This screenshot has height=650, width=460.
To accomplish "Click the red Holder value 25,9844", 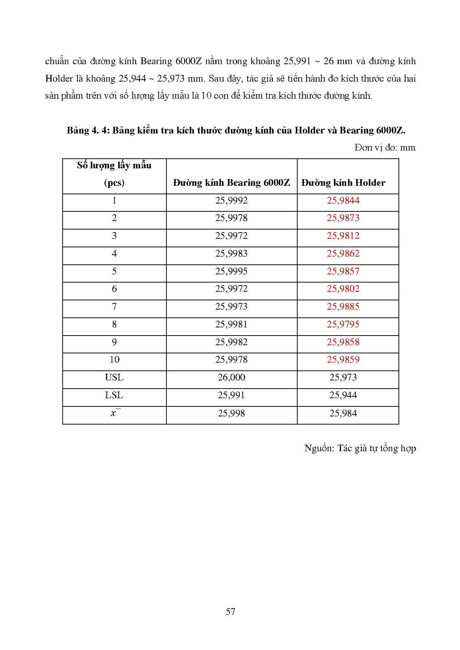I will click(x=343, y=201).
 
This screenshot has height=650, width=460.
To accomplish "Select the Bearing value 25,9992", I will click(x=231, y=201).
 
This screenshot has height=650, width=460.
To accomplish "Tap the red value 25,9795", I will click(x=343, y=324).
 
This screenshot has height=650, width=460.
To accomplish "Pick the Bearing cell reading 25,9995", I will click(x=231, y=271).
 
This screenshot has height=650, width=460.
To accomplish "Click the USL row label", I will click(x=114, y=377).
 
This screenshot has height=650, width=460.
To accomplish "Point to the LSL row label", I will click(x=114, y=395).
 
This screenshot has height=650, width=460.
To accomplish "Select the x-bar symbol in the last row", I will click(x=114, y=413).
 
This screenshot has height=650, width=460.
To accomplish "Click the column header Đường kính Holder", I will click(x=343, y=183).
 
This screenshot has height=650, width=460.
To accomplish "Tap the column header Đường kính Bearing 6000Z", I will click(x=231, y=183).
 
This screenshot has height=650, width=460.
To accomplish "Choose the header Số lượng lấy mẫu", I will click(x=114, y=165).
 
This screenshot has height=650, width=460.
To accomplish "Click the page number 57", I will click(x=230, y=611).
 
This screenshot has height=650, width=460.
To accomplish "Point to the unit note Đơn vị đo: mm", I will click(x=385, y=148).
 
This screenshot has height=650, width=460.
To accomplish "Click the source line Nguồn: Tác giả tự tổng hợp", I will click(x=360, y=448).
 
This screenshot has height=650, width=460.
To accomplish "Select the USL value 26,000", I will click(x=231, y=377).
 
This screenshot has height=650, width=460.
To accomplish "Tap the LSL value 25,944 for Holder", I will click(x=343, y=395).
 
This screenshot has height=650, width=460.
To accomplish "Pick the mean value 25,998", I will click(x=231, y=413).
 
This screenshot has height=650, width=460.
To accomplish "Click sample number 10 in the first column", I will click(x=114, y=360).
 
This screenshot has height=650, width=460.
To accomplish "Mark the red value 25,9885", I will click(x=343, y=307).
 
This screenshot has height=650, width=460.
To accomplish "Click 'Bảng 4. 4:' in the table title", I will click(x=88, y=131).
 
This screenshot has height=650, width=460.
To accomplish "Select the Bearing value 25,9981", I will click(x=231, y=324).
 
